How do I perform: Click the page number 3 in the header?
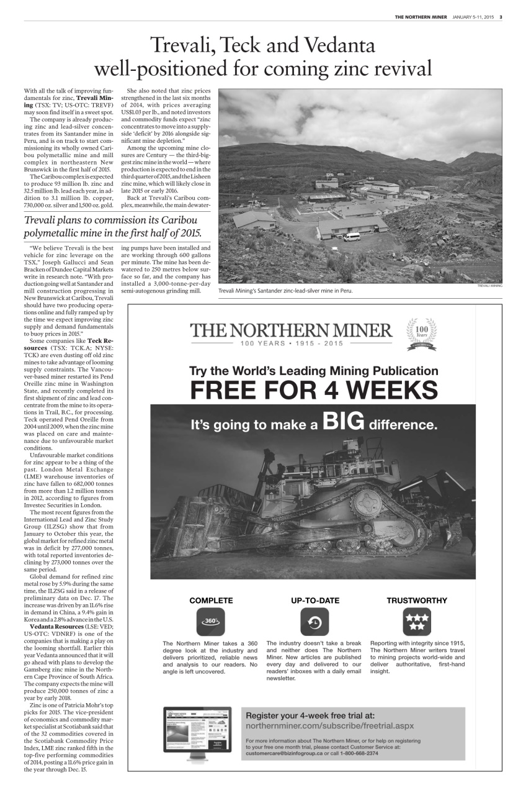point(501,17)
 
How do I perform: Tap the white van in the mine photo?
point(351,237)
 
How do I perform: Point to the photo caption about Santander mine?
point(285,291)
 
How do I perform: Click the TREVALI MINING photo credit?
point(489,285)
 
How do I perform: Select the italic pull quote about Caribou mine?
point(113,227)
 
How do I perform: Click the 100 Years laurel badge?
point(421,334)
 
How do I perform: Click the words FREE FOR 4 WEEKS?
point(313,391)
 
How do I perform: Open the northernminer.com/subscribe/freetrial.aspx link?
point(329,725)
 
